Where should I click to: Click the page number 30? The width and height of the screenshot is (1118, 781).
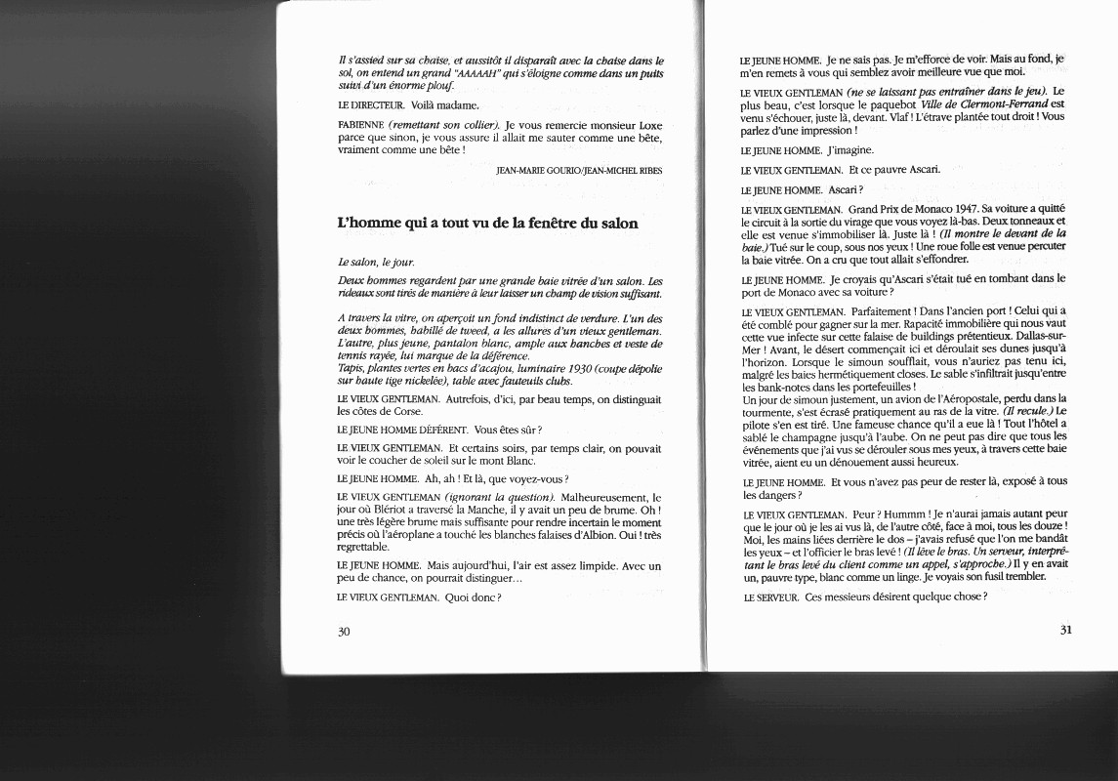point(344,632)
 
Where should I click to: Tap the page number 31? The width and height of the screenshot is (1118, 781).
point(1065,629)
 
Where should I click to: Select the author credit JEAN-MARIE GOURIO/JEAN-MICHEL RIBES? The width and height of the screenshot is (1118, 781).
point(579,171)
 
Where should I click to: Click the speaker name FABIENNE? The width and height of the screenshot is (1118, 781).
point(359,126)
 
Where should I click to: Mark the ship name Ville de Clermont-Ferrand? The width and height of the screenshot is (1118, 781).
point(993,103)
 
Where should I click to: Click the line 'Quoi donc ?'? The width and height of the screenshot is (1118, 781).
point(473,596)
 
